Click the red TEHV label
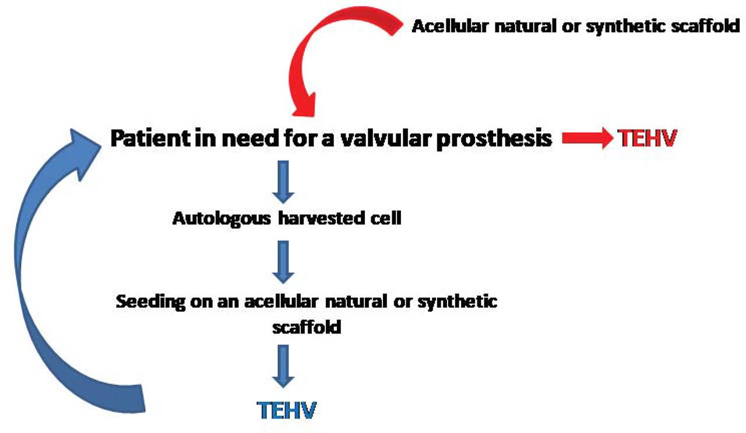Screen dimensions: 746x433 pos(647,138)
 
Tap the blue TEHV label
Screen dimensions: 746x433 pos(286,410)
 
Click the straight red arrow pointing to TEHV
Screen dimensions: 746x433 pos(587,138)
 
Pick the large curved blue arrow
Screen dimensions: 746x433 pos(20,266)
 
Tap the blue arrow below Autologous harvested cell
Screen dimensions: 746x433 pos(283,262)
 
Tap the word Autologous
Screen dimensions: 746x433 pos(221,219)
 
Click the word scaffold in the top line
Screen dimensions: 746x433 pos(705,26)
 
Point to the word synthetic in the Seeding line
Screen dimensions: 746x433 pos(458,302)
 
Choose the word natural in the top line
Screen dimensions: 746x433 pos(525,26)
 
